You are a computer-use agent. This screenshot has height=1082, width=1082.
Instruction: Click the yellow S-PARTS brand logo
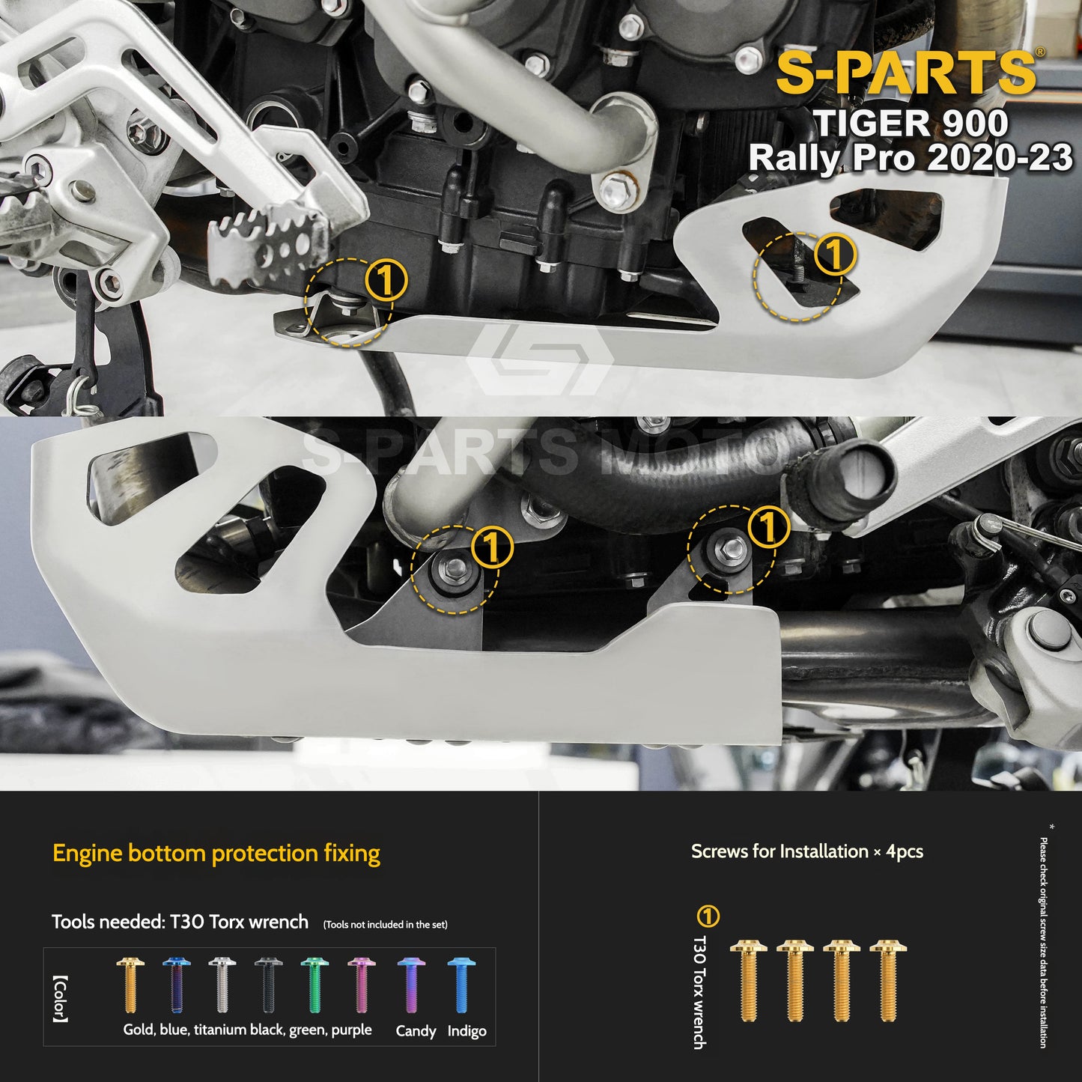pyautogui.click(x=905, y=73)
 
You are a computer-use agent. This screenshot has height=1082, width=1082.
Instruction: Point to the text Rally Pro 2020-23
pyautogui.click(x=910, y=158)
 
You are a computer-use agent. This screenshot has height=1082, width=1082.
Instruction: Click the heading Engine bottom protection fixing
pyautogui.click(x=216, y=853)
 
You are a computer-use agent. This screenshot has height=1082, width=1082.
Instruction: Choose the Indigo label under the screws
pyautogui.click(x=466, y=1031)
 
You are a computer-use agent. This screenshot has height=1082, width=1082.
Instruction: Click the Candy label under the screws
pyautogui.click(x=416, y=1031)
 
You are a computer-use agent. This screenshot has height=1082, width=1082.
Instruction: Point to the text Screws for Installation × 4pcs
pyautogui.click(x=806, y=851)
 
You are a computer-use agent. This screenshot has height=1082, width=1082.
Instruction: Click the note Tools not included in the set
pyautogui.click(x=385, y=925)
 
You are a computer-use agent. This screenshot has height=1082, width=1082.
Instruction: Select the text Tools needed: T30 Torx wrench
pyautogui.click(x=180, y=922)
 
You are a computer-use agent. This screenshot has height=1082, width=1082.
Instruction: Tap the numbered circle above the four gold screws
pyautogui.click(x=708, y=916)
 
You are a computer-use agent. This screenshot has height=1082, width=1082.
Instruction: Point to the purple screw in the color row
pyautogui.click(x=360, y=985)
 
